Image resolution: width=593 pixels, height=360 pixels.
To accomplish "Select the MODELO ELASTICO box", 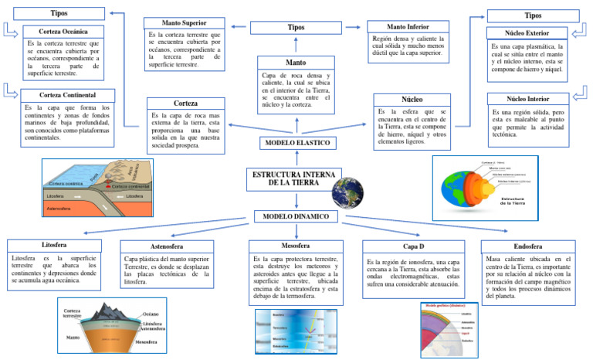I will tap(297, 144).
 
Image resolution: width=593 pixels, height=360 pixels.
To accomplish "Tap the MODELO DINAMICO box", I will tap(296, 217).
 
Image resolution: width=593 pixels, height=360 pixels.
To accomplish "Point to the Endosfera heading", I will tap(524, 246).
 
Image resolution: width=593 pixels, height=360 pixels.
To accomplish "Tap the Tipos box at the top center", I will tap(296, 28).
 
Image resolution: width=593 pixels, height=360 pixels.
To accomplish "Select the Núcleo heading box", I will tap(412, 100).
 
